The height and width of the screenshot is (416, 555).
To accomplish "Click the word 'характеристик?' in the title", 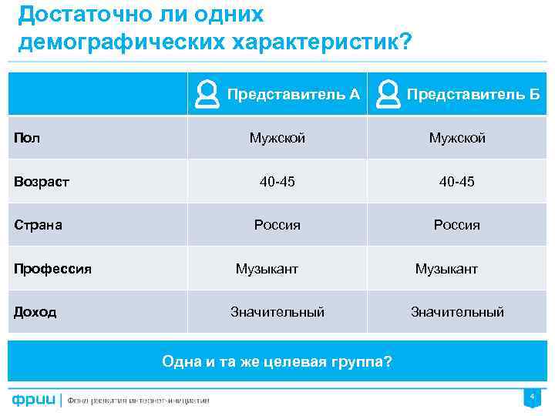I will (317, 42).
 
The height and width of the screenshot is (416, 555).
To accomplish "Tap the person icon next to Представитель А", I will (207, 95).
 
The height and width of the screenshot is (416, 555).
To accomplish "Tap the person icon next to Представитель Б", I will (388, 95).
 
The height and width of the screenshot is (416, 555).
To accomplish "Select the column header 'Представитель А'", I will (294, 95).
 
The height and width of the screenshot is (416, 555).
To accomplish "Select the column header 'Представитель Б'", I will (473, 95).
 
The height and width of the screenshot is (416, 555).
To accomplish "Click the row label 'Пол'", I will (28, 139).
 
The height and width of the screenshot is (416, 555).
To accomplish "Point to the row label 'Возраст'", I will (42, 182).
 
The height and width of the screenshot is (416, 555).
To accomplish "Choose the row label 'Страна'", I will (39, 226).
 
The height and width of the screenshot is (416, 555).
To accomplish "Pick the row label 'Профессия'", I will (52, 269).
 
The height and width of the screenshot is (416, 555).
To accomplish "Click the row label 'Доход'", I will (35, 312).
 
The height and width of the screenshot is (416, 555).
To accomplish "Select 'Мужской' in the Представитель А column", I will (277, 139).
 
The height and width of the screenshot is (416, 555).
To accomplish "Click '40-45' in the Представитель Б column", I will (457, 182).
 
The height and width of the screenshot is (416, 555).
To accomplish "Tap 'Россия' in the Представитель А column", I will (277, 226).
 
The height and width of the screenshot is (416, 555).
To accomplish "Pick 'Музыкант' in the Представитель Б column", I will (446, 269).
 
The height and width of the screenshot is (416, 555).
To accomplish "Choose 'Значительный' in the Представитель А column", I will (277, 312).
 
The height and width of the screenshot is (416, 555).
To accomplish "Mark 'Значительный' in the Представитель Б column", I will (457, 312).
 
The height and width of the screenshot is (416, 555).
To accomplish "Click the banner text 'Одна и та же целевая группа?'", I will (277, 361).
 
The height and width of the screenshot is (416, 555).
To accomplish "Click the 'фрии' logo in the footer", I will (33, 400).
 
